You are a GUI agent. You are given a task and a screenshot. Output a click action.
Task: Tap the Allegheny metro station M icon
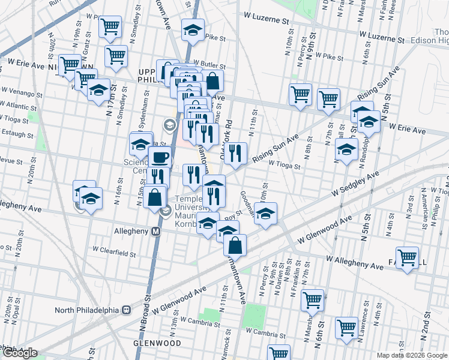pyautogui.click(x=155, y=231)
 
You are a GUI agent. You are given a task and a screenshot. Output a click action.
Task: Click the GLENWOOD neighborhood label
pyautogui.click(x=157, y=343)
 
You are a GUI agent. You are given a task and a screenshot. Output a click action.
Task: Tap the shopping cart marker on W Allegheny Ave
pyautogui.click(x=408, y=258)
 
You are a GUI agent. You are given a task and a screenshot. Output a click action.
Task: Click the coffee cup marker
pyautogui.click(x=160, y=157)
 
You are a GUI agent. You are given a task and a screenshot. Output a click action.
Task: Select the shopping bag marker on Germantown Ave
pyautogui.click(x=235, y=244)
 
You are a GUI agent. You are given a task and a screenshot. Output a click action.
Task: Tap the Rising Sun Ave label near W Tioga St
pyautogui.click(x=276, y=149)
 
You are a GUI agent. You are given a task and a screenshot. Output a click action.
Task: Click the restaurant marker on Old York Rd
pyautogui.click(x=236, y=153)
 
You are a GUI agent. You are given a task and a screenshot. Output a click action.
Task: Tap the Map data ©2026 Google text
pyautogui.click(x=411, y=354)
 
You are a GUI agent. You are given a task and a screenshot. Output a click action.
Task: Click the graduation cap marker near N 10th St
pyautogui.click(x=265, y=214)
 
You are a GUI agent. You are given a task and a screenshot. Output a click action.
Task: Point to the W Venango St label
pyautogui.click(x=22, y=94)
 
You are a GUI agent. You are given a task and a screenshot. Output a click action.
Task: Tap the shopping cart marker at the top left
pyautogui.click(x=110, y=26)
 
